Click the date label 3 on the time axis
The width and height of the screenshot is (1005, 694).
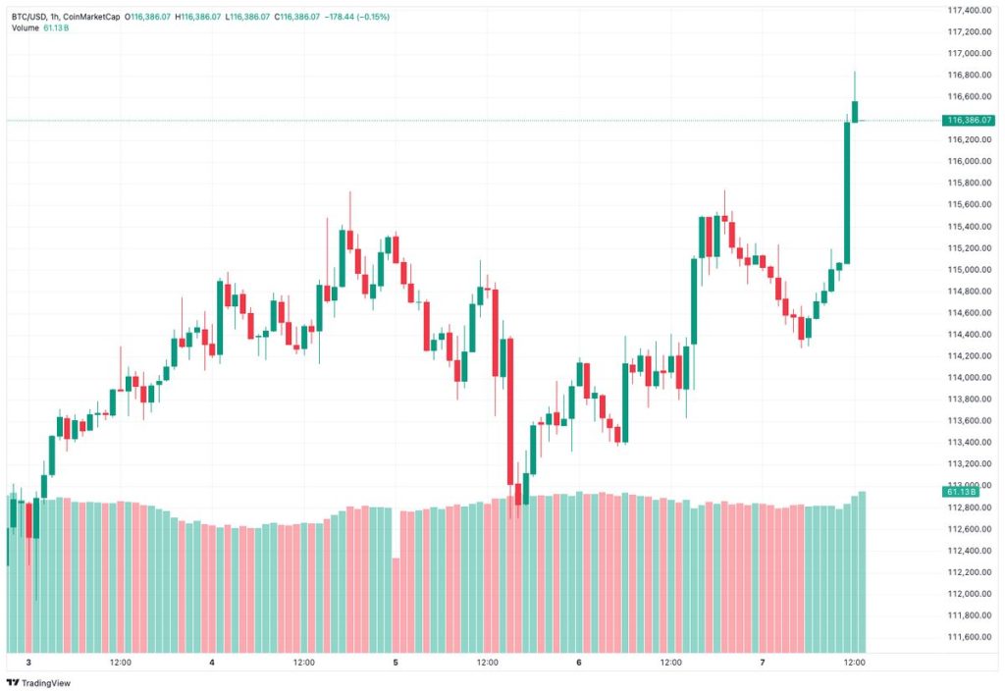28,664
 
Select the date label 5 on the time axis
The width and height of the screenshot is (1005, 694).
395,664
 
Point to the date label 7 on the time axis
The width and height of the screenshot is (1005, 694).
763,664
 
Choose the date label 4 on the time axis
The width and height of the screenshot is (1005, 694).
212,664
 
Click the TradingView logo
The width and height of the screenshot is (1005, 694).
39,682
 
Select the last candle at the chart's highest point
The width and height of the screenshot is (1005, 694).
855,111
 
